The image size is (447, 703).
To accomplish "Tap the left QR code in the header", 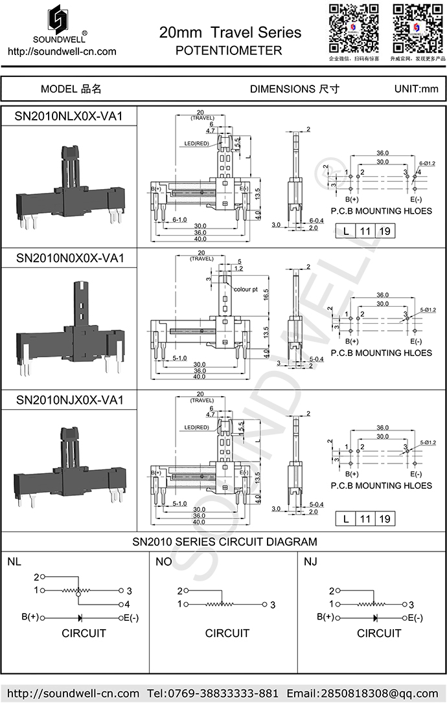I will pyautogui.click(x=353, y=27).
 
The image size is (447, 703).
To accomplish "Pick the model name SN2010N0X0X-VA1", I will pyautogui.click(x=69, y=258).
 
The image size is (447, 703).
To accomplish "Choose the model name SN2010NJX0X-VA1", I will pyautogui.click(x=69, y=400).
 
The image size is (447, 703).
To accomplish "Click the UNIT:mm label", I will pyautogui.click(x=416, y=89).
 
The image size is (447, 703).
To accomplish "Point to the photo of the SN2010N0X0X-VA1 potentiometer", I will pyautogui.click(x=69, y=326).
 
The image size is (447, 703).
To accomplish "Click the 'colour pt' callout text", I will pyautogui.click(x=246, y=289).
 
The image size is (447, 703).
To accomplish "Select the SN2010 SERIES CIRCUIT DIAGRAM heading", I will pyautogui.click(x=224, y=542).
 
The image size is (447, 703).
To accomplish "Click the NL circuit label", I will pyautogui.click(x=14, y=562).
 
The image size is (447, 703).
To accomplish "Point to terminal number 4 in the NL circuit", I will pyautogui.click(x=128, y=604).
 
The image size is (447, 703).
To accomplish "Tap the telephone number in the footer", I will pyautogui.click(x=213, y=693).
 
